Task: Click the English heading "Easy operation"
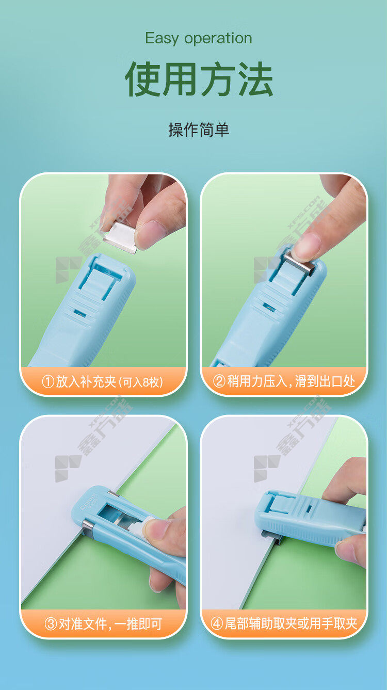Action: [x=199, y=39]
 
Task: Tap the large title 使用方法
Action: [x=199, y=79]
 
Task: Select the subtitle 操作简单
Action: [x=199, y=130]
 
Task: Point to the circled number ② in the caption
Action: [x=219, y=381]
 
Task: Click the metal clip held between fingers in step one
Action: [x=121, y=237]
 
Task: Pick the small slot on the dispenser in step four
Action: [x=309, y=508]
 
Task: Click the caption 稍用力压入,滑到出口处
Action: [x=291, y=381]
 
